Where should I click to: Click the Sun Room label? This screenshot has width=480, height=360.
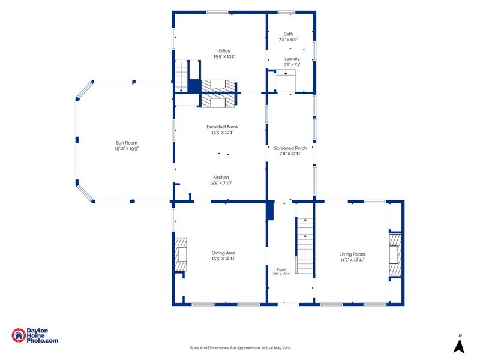[x=127, y=143]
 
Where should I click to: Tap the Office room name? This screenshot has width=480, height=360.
[x=224, y=51]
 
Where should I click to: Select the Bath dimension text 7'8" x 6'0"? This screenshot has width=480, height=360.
[x=288, y=40]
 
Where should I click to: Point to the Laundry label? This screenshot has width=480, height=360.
[x=292, y=59]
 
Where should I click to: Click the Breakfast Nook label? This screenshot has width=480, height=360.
[x=222, y=127]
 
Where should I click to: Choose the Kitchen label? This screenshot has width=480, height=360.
[x=221, y=177]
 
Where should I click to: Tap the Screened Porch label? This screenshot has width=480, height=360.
[x=290, y=148]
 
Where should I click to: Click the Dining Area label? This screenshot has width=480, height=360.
[x=223, y=253]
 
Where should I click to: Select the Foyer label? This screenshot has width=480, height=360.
[x=281, y=269]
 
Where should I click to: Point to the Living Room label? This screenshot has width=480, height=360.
[x=352, y=254]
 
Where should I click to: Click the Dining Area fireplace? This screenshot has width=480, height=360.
[x=181, y=254]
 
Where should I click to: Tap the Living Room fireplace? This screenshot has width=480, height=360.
[x=395, y=254]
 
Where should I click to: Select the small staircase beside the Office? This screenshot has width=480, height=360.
[x=181, y=76]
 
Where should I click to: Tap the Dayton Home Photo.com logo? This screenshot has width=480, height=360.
[x=35, y=335]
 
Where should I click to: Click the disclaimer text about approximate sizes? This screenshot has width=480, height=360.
[x=239, y=348]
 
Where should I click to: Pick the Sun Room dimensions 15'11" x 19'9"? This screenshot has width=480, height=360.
[x=127, y=148]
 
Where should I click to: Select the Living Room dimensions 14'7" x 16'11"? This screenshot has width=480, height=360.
[x=352, y=260]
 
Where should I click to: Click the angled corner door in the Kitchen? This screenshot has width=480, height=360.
[x=185, y=190]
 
